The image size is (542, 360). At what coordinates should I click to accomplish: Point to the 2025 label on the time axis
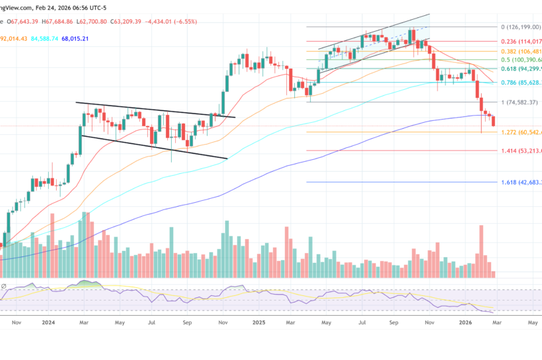[259, 324]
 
